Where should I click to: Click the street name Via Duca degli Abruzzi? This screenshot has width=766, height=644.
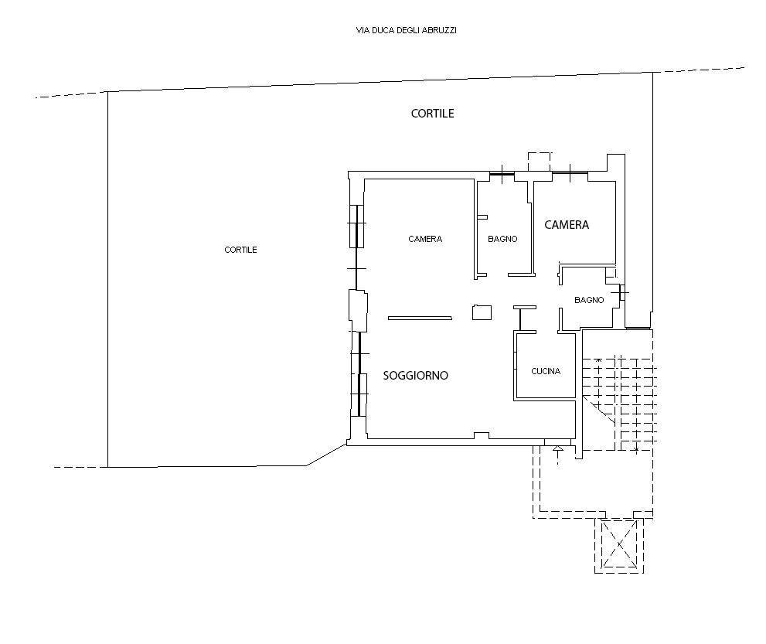point(407,30)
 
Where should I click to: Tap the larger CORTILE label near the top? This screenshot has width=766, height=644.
point(432,114)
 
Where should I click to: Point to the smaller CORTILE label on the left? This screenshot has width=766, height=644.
point(240,250)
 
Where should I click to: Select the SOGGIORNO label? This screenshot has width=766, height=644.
point(415,375)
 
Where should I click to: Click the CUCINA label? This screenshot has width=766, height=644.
point(546,371)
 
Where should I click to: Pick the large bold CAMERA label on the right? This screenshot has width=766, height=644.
point(567,225)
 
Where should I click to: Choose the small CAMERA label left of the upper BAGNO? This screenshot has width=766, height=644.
point(425,239)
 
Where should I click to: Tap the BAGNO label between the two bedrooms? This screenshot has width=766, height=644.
point(502,239)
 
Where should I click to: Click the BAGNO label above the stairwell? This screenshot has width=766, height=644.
point(589,300)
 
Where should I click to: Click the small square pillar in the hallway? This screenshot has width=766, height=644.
point(482,312)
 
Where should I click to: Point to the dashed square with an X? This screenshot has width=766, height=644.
point(619,543)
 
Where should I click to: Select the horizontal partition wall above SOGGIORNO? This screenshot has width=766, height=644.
point(420,318)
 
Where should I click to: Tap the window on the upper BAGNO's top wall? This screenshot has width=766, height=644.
point(502,174)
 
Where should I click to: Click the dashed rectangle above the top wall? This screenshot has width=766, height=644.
point(540,162)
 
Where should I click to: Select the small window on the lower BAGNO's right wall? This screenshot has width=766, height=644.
point(622,293)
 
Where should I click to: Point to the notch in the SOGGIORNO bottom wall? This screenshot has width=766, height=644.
point(482,435)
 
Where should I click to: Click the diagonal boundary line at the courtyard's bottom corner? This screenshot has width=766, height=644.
point(326,455)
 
